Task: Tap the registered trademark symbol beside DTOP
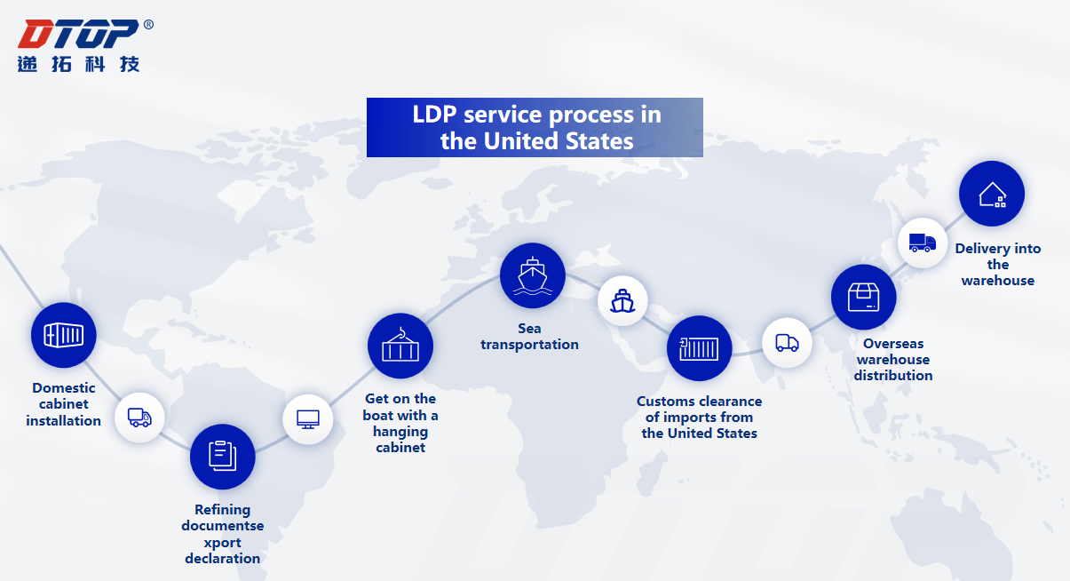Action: (x=148, y=24)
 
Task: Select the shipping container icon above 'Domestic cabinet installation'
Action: (x=64, y=335)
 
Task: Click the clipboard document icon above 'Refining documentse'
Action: (x=223, y=457)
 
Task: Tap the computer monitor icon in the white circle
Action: (x=307, y=419)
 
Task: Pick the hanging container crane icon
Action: (x=400, y=345)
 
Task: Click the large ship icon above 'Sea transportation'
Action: (x=533, y=275)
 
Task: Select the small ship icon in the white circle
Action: (x=622, y=301)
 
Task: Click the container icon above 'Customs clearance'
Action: (x=699, y=348)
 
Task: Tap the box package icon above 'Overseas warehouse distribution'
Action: (x=863, y=298)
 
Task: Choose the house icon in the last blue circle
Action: (x=992, y=195)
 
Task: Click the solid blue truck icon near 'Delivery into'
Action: (x=922, y=243)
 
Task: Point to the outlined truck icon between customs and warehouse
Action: (x=787, y=343)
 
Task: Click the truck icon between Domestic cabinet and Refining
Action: (x=139, y=418)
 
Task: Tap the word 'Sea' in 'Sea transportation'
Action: (x=529, y=328)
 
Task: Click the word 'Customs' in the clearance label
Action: (x=666, y=401)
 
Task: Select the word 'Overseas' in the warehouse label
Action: (x=893, y=344)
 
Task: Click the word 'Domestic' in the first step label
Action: (x=64, y=387)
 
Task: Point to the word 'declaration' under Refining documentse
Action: (x=223, y=558)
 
